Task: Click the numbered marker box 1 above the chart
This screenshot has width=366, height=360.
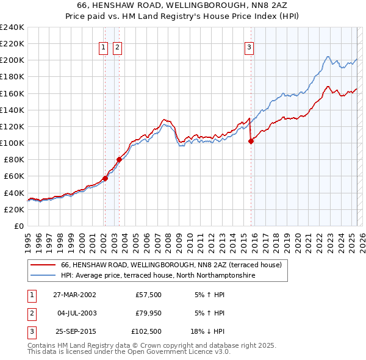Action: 103,48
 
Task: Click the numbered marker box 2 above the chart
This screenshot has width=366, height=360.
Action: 117,48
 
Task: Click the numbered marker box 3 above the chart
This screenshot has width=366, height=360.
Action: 249,48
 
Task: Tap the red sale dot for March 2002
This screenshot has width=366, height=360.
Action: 105,178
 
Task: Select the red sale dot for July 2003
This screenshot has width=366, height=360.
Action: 119,160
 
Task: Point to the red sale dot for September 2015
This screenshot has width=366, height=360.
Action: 251,141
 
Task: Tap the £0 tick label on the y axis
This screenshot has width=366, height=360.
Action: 18,226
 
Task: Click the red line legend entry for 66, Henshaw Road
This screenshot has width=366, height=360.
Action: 171,265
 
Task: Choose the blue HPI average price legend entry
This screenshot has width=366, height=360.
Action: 157,276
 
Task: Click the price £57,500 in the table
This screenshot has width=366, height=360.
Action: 149,295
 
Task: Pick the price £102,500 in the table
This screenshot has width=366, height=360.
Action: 147,333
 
